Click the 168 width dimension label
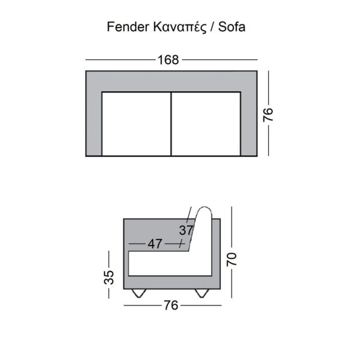pos(169,60)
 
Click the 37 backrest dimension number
pos(186,230)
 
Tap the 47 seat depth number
pos(155,244)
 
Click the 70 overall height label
pos(232,259)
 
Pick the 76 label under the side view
pos(171,305)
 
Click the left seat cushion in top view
pos(137,124)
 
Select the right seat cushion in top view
pos(206,124)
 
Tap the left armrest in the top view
pos(94,120)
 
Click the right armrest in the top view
pos(248,120)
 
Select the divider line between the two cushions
pos(172,124)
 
